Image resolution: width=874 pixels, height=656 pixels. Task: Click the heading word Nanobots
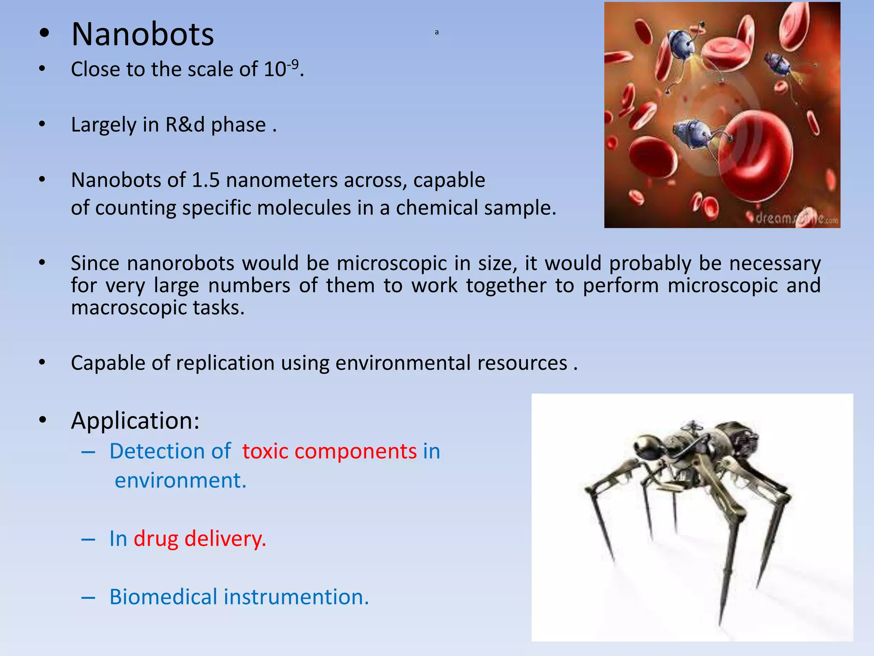[143, 34]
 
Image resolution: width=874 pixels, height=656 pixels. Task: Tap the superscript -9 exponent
[293, 64]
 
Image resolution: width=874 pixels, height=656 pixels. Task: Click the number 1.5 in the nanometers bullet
[206, 180]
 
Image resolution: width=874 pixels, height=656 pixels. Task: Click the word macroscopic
[128, 307]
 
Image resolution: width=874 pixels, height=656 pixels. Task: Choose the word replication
[225, 363]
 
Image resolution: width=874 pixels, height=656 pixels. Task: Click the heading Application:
[135, 421]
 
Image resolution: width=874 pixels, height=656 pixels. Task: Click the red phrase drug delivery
[200, 539]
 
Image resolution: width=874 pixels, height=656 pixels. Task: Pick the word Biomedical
[163, 597]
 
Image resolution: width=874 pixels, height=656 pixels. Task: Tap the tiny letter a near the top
[437, 32]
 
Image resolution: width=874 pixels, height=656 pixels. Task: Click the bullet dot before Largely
[42, 125]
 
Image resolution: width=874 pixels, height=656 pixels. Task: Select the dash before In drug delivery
[88, 539]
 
